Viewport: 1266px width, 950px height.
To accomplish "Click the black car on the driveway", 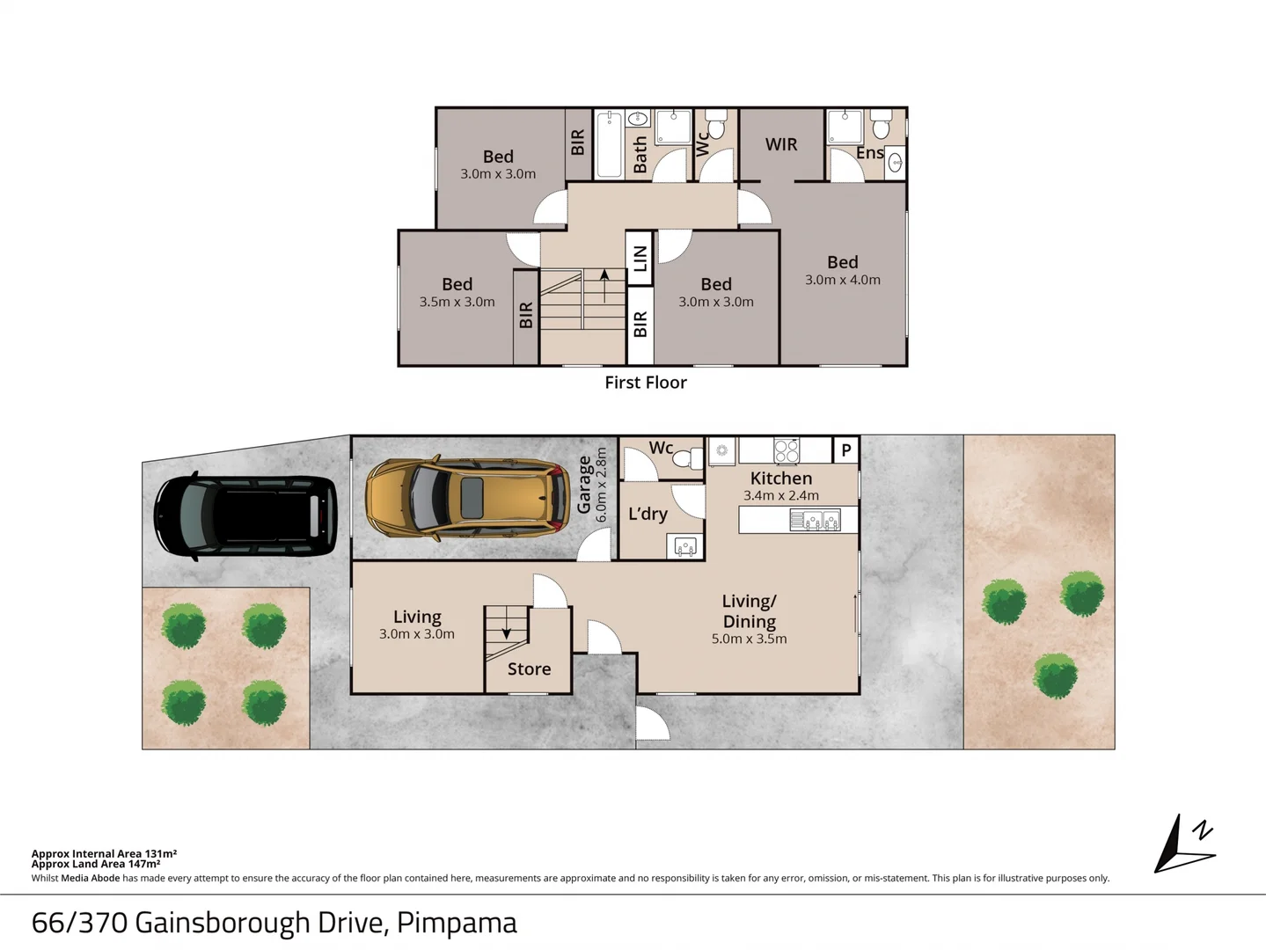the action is click(x=245, y=516).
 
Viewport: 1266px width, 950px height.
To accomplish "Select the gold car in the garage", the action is click(x=468, y=498).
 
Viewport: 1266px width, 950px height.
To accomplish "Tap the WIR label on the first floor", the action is click(x=781, y=144).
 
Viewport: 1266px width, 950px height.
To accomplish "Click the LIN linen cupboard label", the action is click(x=640, y=259).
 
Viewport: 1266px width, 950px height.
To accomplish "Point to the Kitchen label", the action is click(x=781, y=478).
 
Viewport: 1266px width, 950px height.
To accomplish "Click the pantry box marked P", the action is click(x=846, y=449).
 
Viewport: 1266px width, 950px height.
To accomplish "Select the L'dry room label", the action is click(x=648, y=514).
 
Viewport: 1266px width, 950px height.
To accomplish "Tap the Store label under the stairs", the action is click(x=529, y=669).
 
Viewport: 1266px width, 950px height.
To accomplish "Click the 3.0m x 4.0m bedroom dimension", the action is click(x=843, y=280).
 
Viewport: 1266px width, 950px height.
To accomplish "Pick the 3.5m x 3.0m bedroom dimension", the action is click(x=457, y=302).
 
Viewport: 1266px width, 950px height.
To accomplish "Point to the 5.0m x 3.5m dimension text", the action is click(x=750, y=639).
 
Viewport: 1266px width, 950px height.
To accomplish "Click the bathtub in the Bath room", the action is click(x=609, y=144).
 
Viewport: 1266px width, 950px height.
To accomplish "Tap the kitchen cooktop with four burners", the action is click(x=787, y=451).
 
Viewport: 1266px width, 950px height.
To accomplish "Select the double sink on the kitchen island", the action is click(x=815, y=520).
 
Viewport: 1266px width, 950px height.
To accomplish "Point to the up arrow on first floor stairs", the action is click(x=604, y=285).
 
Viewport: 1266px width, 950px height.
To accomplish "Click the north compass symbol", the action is click(x=1185, y=844).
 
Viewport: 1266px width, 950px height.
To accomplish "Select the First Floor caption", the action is click(x=646, y=383).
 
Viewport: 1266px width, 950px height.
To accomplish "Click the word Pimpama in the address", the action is click(x=457, y=924).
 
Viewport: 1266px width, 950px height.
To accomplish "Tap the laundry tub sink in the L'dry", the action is click(x=685, y=545).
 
